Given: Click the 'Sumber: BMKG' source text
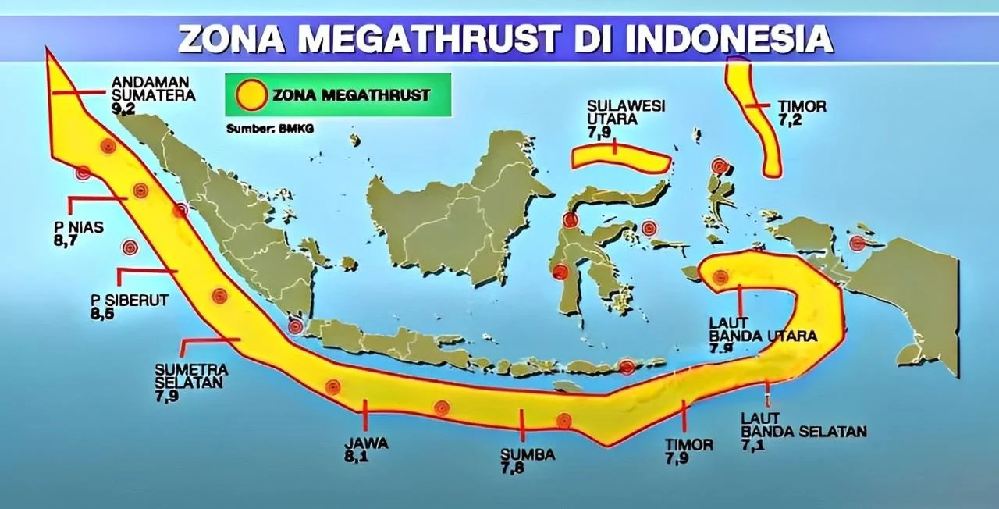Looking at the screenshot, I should (x=269, y=129).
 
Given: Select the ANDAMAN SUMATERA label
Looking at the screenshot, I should (x=153, y=88).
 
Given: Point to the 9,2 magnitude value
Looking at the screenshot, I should (x=124, y=110).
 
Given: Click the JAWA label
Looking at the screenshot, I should (x=366, y=443).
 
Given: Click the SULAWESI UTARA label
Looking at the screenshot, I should (x=626, y=113).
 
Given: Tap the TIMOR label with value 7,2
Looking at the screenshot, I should (x=802, y=106).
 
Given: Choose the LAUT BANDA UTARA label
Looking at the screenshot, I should (x=762, y=329).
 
